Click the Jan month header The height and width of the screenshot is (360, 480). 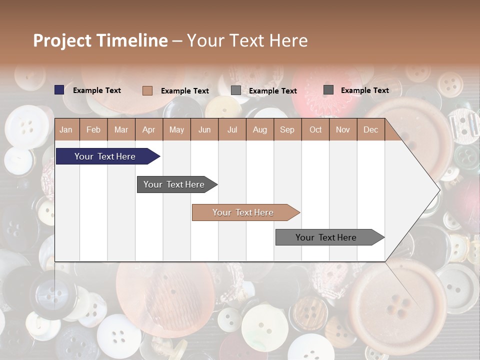click(x=66, y=129)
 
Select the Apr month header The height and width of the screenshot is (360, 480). click(x=148, y=129)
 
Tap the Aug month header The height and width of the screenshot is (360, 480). click(x=259, y=129)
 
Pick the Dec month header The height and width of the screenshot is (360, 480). click(x=370, y=129)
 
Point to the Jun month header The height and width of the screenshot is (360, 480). click(x=204, y=129)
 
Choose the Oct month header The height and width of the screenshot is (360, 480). click(x=315, y=129)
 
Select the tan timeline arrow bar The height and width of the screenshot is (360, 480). click(x=245, y=212)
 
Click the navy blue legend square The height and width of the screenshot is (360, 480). click(x=59, y=90)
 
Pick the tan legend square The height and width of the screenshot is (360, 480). click(x=147, y=90)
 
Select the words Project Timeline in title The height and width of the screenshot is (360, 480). click(x=100, y=40)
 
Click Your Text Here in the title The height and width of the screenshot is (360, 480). click(x=247, y=40)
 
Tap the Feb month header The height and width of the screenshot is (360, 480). click(x=93, y=129)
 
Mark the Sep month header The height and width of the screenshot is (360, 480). click(x=287, y=129)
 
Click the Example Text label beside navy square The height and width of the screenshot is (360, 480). click(x=96, y=90)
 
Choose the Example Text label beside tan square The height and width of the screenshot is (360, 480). click(x=184, y=91)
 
